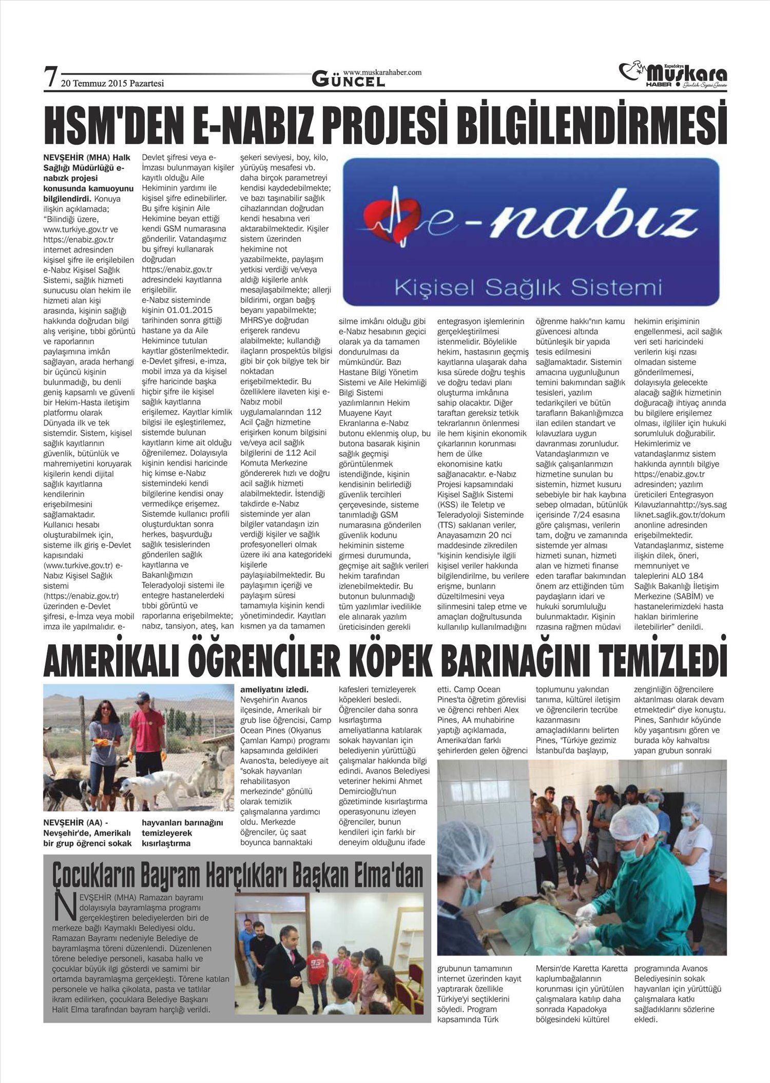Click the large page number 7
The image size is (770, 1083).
click(x=50, y=76)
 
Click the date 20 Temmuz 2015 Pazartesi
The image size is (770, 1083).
click(x=112, y=83)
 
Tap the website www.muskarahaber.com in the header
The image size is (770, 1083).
click(x=382, y=72)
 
